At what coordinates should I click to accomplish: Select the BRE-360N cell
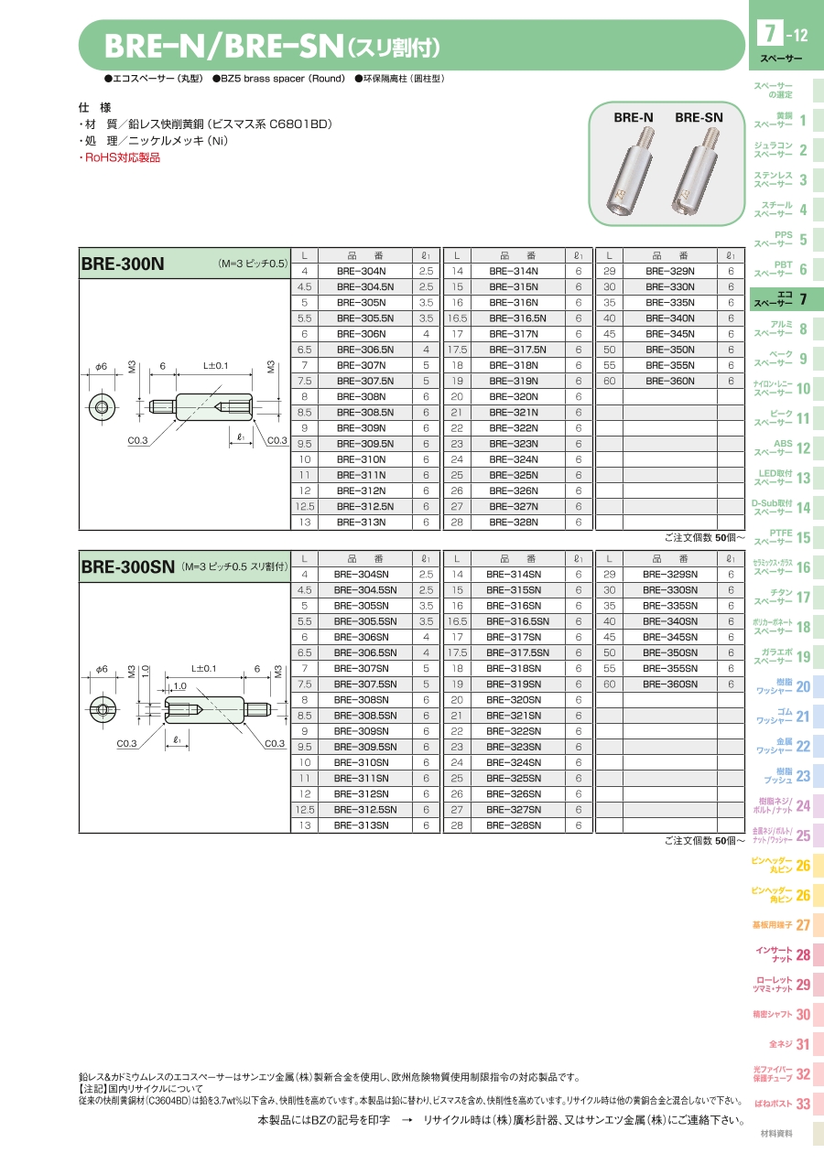[669, 381]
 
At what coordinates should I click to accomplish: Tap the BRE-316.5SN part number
[517, 621]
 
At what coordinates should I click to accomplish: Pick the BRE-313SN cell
[361, 825]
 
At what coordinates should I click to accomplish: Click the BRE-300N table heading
[123, 264]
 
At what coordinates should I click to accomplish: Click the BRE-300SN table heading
[128, 567]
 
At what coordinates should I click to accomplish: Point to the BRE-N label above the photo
[634, 117]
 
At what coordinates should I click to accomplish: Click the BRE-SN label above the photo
[699, 117]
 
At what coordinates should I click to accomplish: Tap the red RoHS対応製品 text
[119, 157]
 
